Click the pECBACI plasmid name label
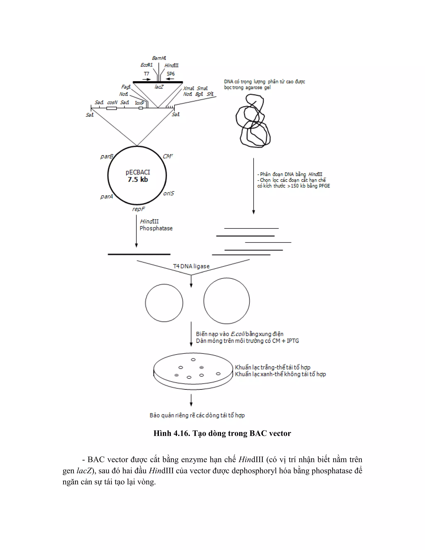pyautogui.click(x=138, y=172)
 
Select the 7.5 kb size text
pyautogui.click(x=138, y=180)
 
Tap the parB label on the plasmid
pyautogui.click(x=107, y=156)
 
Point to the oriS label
pyautogui.click(x=169, y=193)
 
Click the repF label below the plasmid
pyautogui.click(x=138, y=209)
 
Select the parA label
pyautogui.click(x=106, y=196)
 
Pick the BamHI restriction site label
pyautogui.click(x=159, y=58)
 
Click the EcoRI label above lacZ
pyautogui.click(x=146, y=65)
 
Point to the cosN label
pyautogui.click(x=112, y=103)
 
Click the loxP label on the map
pyautogui.click(x=139, y=103)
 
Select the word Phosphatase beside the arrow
pyautogui.click(x=156, y=229)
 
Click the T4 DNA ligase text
pyautogui.click(x=191, y=266)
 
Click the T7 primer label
pyautogui.click(x=146, y=74)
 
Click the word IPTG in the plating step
pyautogui.click(x=293, y=341)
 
